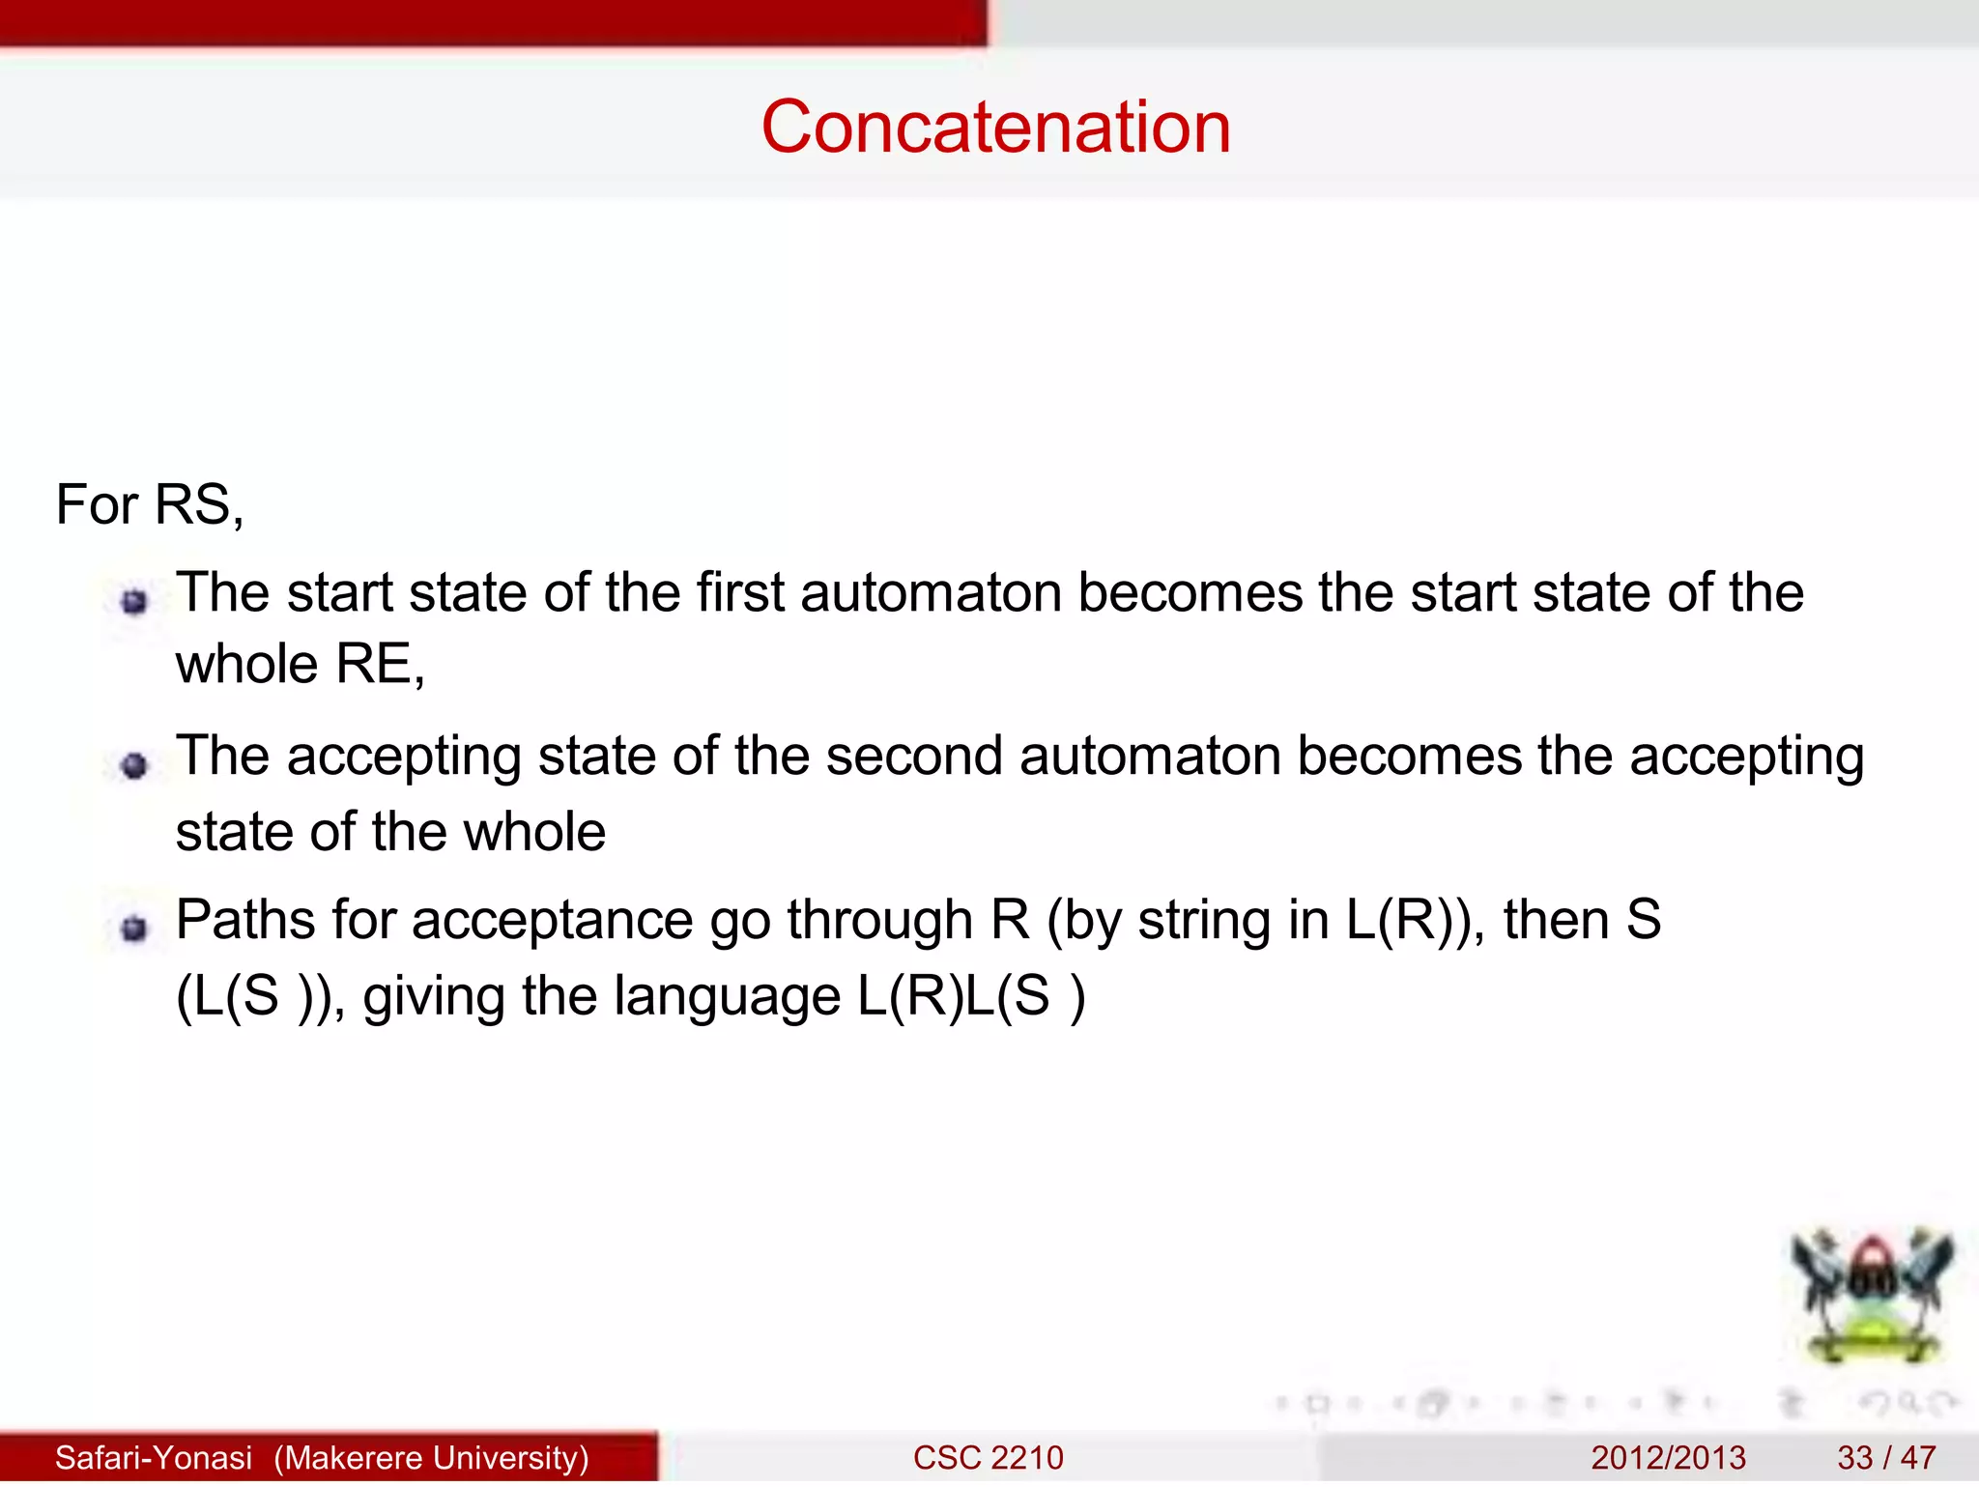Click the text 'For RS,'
[x=150, y=504]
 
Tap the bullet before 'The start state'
[x=134, y=602]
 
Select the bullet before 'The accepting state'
[x=134, y=766]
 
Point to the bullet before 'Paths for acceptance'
[x=134, y=929]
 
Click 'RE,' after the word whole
[x=380, y=665]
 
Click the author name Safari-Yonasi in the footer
[x=154, y=1457]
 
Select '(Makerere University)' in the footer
[x=431, y=1457]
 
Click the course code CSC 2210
[x=988, y=1457]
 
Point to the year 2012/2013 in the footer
[x=1668, y=1457]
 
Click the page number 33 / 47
[x=1886, y=1457]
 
